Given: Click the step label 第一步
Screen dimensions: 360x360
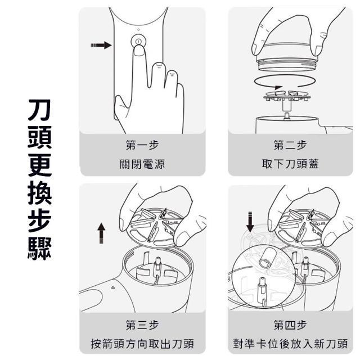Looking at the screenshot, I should pyautogui.click(x=141, y=146).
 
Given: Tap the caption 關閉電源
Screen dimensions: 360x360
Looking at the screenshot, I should pyautogui.click(x=141, y=165).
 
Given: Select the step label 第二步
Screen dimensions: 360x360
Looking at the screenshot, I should pyautogui.click(x=290, y=146).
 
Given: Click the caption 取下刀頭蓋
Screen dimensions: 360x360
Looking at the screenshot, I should pyautogui.click(x=290, y=165).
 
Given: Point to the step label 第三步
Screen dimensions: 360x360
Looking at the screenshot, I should pyautogui.click(x=141, y=325).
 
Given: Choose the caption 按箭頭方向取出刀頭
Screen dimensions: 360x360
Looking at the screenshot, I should pyautogui.click(x=141, y=344).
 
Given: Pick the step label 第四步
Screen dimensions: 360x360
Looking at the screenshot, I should pyautogui.click(x=290, y=325).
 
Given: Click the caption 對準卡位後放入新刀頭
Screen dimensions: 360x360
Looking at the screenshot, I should pyautogui.click(x=290, y=344).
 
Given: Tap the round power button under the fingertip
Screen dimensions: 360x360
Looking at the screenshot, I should pyautogui.click(x=137, y=42).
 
